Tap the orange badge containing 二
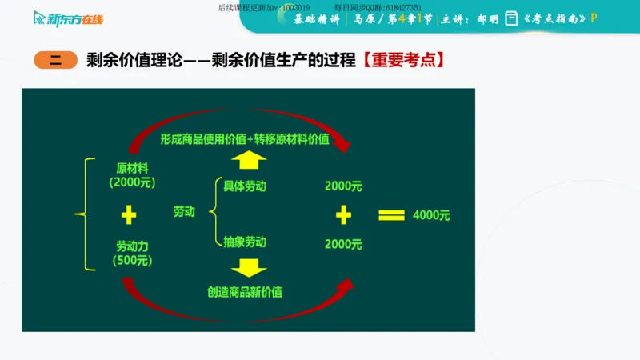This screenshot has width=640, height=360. pyautogui.click(x=55, y=60)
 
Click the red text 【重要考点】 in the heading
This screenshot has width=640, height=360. pyautogui.click(x=404, y=60)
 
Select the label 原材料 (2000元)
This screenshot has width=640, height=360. pyautogui.click(x=133, y=175)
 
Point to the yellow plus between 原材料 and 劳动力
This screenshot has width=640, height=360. pyautogui.click(x=129, y=214)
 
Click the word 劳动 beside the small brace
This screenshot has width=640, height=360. pyautogui.click(x=185, y=212)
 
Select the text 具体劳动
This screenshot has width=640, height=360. pyautogui.click(x=245, y=186)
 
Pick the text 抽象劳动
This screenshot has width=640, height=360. pyautogui.click(x=245, y=242)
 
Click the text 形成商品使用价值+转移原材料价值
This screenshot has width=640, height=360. pyautogui.click(x=244, y=138)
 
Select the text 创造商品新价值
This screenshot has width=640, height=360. pyautogui.click(x=244, y=291)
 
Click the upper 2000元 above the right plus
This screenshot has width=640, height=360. pyautogui.click(x=344, y=186)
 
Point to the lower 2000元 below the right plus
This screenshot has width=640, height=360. pyautogui.click(x=344, y=243)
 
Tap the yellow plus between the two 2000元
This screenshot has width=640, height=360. pyautogui.click(x=344, y=214)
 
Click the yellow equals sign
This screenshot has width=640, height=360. pyautogui.click(x=392, y=214)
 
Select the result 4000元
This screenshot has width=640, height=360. pyautogui.click(x=431, y=215)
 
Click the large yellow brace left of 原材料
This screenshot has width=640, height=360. pyautogui.click(x=81, y=214)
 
